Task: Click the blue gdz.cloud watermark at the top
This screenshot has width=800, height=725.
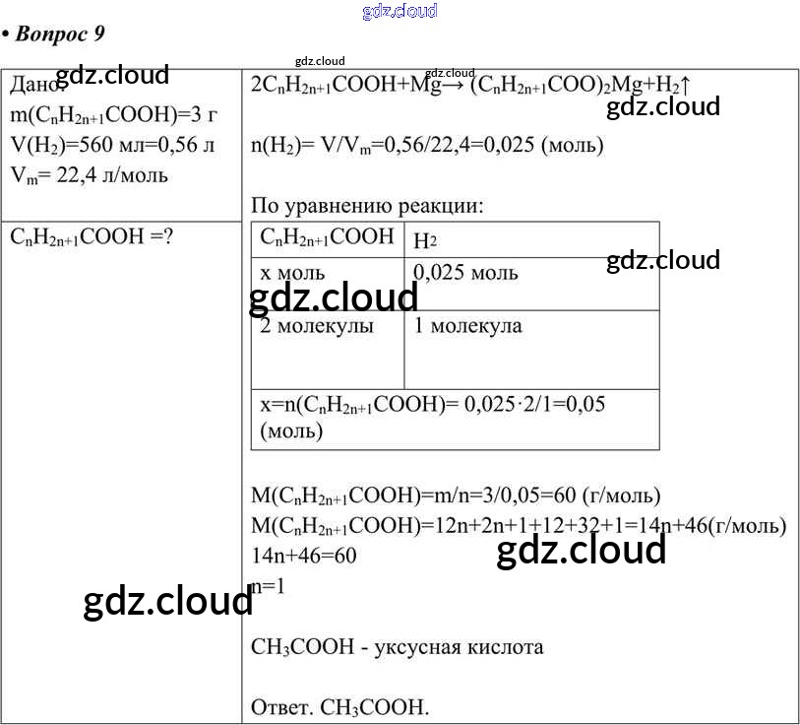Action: [400, 11]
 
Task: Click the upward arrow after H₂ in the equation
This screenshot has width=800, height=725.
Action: [685, 85]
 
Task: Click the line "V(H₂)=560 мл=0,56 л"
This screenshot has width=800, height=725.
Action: [113, 146]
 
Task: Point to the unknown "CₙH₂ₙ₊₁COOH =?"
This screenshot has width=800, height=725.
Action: [92, 237]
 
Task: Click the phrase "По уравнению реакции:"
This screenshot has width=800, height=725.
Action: [367, 207]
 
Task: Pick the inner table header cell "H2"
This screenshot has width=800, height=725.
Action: [425, 239]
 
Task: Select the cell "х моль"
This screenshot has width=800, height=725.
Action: [292, 273]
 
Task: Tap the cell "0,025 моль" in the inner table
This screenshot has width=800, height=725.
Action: [465, 273]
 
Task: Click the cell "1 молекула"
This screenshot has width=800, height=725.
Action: [467, 326]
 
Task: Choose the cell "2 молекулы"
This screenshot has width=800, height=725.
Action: [317, 326]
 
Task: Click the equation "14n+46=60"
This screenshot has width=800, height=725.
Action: [304, 556]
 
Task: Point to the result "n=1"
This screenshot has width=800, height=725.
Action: [268, 586]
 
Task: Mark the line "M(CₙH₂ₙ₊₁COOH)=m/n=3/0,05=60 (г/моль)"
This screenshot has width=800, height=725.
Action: [456, 494]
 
